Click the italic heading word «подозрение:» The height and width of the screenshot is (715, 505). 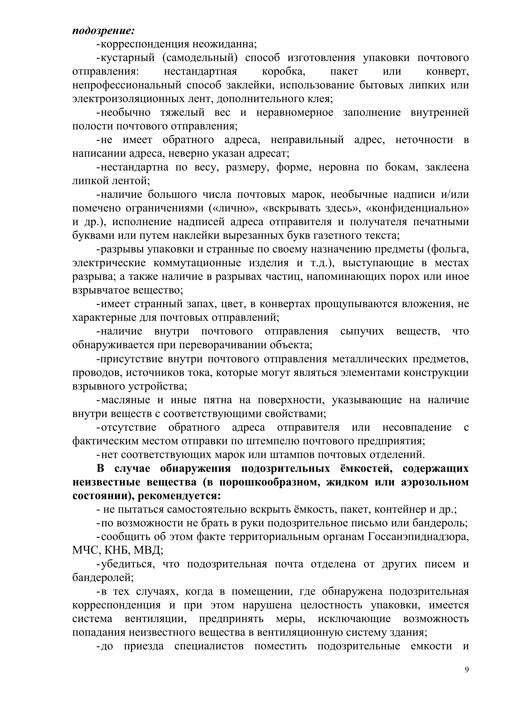click(103, 31)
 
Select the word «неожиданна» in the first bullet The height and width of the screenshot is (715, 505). click(224, 44)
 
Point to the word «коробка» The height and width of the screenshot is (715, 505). click(283, 72)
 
